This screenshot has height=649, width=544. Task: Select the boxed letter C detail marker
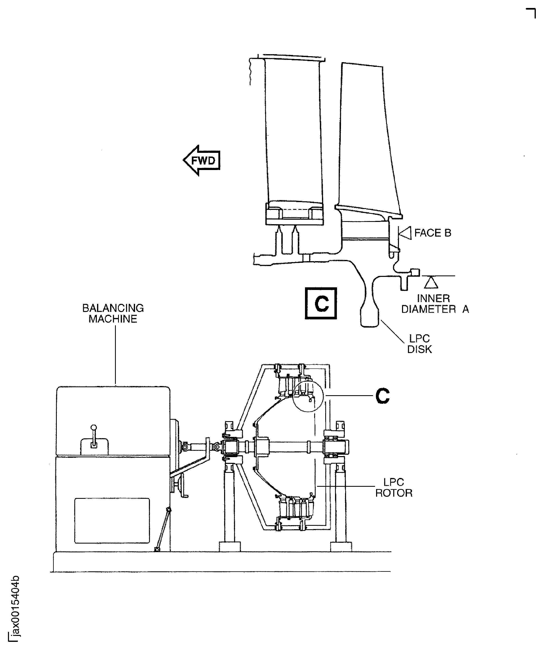tap(321, 303)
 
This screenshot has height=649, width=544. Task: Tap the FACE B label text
tap(432, 233)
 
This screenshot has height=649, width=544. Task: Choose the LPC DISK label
tap(419, 344)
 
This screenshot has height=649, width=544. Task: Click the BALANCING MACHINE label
tap(113, 313)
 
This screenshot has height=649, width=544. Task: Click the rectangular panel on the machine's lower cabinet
tap(112, 520)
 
